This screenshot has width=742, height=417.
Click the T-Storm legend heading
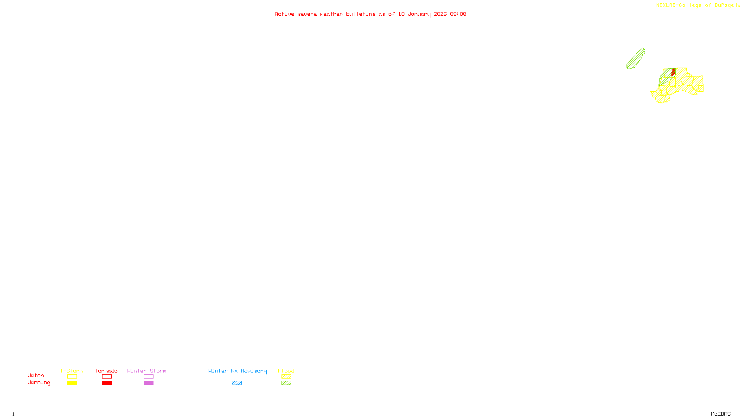pos(71,371)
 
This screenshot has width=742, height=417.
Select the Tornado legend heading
pos(106,371)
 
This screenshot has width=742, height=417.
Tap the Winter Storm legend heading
pos(147,371)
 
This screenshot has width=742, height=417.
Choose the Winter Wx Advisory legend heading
pos(237,371)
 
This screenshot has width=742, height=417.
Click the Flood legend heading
pos(286,371)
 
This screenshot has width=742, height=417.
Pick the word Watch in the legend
pos(36,375)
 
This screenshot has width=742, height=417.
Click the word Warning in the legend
pos(38,383)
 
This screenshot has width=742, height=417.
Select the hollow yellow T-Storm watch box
pos(72,377)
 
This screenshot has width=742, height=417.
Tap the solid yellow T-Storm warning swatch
pos(72,383)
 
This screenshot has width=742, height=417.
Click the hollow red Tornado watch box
pos(107,377)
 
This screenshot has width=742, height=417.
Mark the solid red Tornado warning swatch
pos(107,383)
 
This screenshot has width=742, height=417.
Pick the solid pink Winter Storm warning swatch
pos(148,383)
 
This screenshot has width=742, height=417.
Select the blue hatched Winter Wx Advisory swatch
pos(237,383)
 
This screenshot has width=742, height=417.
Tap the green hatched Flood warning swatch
pos(286,383)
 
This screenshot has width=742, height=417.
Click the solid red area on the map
pos(673,72)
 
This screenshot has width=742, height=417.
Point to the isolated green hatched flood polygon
pos(635,59)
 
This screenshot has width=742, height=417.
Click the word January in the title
pos(419,14)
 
